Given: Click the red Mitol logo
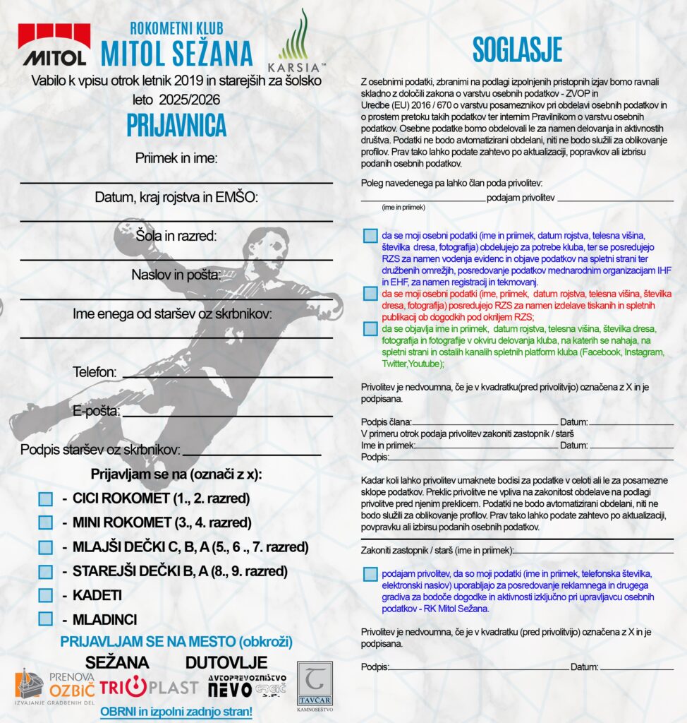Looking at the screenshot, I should (54, 44).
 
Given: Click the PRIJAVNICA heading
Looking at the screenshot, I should (176, 125).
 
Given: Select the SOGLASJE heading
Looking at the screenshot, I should (517, 50).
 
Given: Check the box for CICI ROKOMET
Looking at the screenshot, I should (46, 498).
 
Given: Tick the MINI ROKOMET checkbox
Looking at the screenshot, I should (46, 522).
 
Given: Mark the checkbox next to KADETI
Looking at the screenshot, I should (46, 594).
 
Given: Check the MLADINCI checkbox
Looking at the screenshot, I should (46, 619).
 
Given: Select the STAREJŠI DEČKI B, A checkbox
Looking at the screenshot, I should (46, 570).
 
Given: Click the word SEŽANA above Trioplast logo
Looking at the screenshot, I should (117, 662).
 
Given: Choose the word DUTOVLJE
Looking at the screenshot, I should (226, 662).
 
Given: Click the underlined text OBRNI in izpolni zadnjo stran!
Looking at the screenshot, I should (176, 711).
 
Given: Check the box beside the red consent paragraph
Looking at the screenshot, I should (370, 292).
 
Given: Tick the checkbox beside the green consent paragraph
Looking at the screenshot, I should (370, 328).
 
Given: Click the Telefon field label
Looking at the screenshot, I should (94, 371).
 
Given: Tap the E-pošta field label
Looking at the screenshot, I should (96, 411).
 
